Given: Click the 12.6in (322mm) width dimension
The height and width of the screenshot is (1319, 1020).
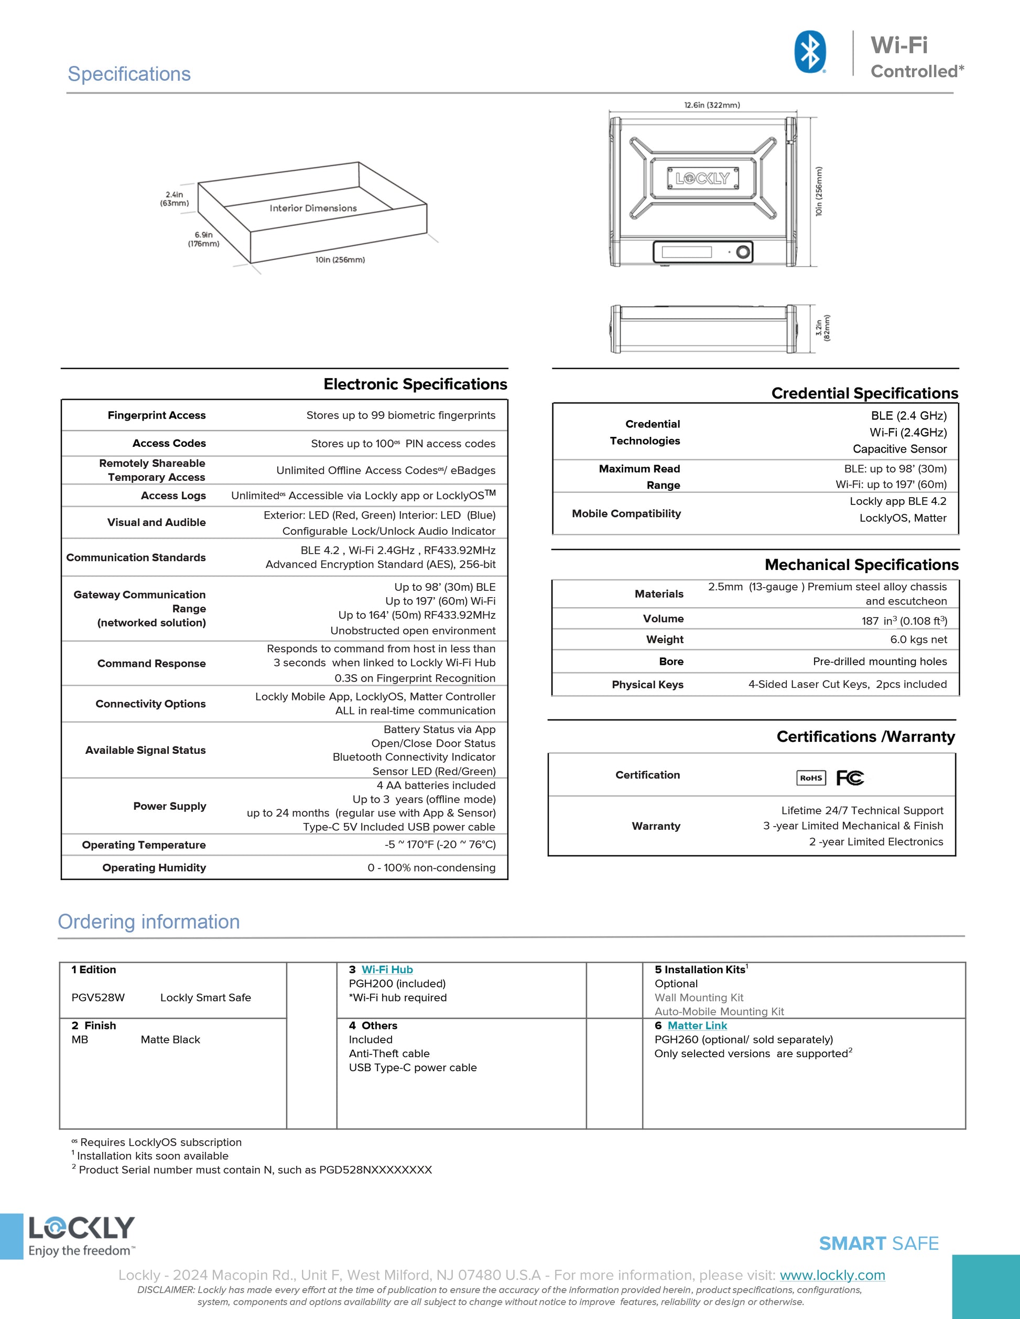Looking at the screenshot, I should [x=711, y=105].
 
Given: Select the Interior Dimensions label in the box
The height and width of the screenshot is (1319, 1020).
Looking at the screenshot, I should [x=313, y=208].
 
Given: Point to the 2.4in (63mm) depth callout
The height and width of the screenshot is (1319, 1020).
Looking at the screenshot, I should [x=174, y=199].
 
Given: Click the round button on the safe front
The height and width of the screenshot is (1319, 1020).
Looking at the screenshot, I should [x=744, y=252].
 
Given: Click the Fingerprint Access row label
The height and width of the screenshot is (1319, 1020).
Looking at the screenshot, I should [x=157, y=415].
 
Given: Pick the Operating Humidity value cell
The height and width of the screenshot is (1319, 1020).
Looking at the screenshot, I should [x=431, y=867].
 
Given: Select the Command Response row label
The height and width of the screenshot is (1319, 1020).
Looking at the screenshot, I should [x=151, y=663].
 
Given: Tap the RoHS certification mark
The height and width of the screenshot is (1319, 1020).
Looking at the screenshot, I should [x=811, y=778].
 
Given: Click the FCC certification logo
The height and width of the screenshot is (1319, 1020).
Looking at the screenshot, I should [x=850, y=778].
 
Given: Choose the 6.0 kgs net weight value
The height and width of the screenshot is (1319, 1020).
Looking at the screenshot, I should [x=918, y=640].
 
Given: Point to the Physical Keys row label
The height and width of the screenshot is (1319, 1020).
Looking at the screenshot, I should [x=647, y=684].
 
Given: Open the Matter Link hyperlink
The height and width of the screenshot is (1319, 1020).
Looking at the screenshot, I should [x=697, y=1026].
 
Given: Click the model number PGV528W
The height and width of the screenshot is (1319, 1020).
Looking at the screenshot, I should [x=98, y=998].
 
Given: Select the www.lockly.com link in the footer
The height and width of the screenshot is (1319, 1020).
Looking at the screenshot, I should [x=832, y=1275].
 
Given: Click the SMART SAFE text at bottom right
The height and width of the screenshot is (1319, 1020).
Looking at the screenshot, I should [x=878, y=1244].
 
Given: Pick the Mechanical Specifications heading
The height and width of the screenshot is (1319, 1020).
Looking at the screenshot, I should [x=861, y=565].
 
